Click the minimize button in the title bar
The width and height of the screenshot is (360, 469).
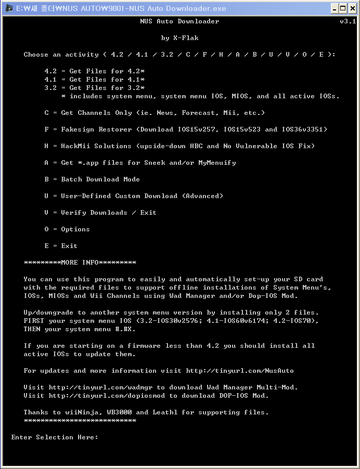pyautogui.click(x=335, y=8)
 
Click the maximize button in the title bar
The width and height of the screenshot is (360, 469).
pyautogui.click(x=343, y=8)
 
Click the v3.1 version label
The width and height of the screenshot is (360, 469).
pyautogui.click(x=348, y=21)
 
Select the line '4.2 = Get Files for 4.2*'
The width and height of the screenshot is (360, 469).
pyautogui.click(x=95, y=71)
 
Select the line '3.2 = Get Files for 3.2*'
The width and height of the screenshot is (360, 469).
pyautogui.click(x=95, y=88)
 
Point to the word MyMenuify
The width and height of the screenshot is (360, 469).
pyautogui.click(x=217, y=163)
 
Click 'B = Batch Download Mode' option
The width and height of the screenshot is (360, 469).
pyautogui.click(x=92, y=179)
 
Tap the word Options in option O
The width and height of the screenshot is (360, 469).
pyautogui.click(x=75, y=229)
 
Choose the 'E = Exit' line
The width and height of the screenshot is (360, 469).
pyautogui.click(x=61, y=246)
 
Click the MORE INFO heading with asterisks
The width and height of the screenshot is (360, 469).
pyautogui.click(x=80, y=263)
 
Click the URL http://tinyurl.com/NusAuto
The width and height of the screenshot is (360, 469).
pyautogui.click(x=240, y=371)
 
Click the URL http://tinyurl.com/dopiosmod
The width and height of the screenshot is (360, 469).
pyautogui.click(x=111, y=396)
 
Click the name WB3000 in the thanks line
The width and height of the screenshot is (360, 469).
pyautogui.click(x=119, y=412)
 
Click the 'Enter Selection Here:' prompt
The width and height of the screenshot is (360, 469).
pyautogui.click(x=55, y=437)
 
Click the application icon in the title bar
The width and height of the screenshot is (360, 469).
pyautogui.click(x=8, y=8)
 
